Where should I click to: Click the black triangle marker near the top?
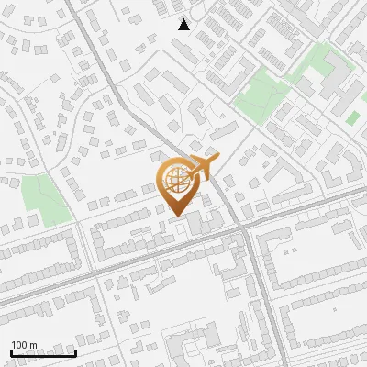pos(184,25)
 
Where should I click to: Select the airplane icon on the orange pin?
pos(204,168)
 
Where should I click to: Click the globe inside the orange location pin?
pos(175,180)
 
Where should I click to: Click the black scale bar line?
pos(42,354)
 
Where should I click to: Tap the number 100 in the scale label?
pos(20,346)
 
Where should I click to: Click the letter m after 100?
pos(33,346)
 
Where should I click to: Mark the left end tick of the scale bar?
pos(11,352)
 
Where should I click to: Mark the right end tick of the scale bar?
pos(74,352)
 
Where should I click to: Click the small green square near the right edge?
pos(353,118)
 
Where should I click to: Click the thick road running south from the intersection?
pos(261,294)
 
